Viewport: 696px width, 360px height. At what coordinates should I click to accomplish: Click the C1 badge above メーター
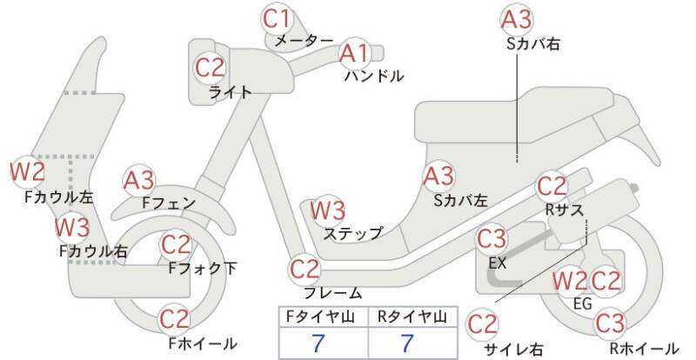pos(280,17)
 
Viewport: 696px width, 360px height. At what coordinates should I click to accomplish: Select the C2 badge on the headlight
pos(211,67)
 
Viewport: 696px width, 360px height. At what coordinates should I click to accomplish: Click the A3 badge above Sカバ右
pos(517,18)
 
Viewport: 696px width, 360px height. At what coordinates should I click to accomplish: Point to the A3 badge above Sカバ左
pos(439,177)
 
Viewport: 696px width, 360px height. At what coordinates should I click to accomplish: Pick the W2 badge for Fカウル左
pos(27,170)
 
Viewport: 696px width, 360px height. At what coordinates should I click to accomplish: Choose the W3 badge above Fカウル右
pos(71,229)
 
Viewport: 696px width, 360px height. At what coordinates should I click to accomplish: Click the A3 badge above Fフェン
pos(139,180)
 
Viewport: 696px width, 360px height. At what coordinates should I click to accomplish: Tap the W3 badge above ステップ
pos(328,210)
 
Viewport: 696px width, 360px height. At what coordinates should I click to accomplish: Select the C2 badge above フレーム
pos(304,268)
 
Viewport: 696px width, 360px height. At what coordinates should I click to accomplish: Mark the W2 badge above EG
pos(570,281)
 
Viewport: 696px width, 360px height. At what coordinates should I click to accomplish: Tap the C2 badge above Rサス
pos(552,185)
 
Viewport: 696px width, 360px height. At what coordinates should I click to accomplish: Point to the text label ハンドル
pos(374,77)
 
